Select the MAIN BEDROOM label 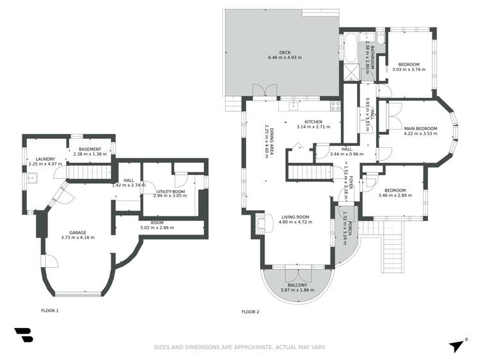pyautogui.click(x=420, y=128)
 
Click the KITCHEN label pyautogui.click(x=313, y=122)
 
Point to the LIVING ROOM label pyautogui.click(x=294, y=217)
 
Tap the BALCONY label pyautogui.click(x=296, y=284)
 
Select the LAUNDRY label pyautogui.click(x=45, y=159)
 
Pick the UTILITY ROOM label pyautogui.click(x=171, y=191)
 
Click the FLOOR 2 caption pyautogui.click(x=250, y=312)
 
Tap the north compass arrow pyautogui.click(x=457, y=345)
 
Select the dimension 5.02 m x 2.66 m pyautogui.click(x=157, y=227)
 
